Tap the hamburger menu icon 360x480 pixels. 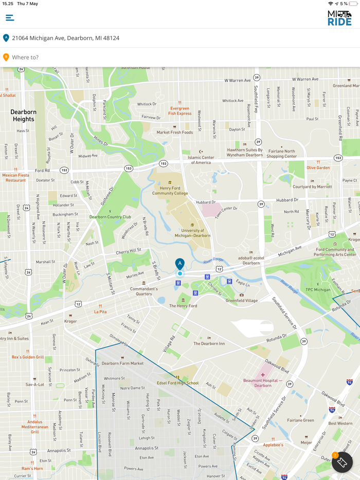tap(10, 18)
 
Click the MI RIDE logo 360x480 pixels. tap(339, 18)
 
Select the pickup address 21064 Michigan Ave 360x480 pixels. tap(66, 38)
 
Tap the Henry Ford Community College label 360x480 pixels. tap(170, 191)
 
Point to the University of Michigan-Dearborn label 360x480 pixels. tap(192, 233)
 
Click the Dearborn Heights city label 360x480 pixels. tap(23, 116)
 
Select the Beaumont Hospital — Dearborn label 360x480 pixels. tap(263, 383)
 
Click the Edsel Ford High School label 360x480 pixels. tap(177, 383)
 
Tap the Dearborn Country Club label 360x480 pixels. tap(110, 217)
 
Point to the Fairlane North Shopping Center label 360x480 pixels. tap(281, 154)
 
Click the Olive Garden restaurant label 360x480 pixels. tap(318, 168)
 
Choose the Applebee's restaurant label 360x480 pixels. tap(273, 445)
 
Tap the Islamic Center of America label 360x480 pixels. tap(201, 160)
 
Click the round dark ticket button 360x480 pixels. tap(341, 462)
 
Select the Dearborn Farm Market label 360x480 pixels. tap(122, 363)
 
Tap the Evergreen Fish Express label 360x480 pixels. tap(179, 111)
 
